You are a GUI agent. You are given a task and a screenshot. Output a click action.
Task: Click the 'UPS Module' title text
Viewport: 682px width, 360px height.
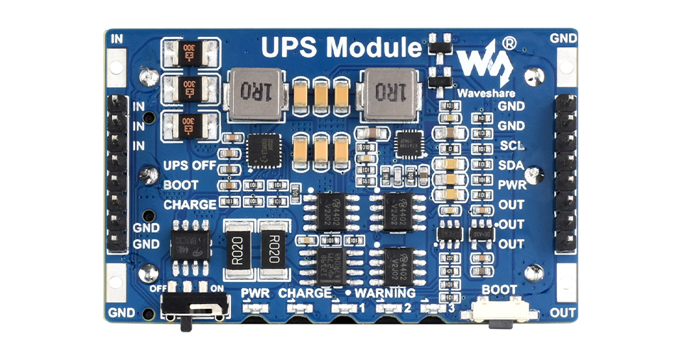(341, 48)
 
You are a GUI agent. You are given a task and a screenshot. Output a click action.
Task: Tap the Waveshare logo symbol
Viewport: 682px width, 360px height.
(485, 68)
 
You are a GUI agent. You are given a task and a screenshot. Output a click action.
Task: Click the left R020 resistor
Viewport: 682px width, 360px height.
(238, 251)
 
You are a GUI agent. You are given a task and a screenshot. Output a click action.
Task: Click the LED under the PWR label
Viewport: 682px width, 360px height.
(254, 308)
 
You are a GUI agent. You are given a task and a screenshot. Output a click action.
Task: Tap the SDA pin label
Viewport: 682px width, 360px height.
(511, 165)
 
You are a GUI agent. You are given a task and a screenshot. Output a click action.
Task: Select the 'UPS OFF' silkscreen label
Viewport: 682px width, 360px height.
(190, 165)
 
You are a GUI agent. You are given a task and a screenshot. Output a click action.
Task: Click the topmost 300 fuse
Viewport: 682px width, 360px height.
(189, 51)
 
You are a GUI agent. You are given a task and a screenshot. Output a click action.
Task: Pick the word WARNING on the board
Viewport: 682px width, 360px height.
(385, 293)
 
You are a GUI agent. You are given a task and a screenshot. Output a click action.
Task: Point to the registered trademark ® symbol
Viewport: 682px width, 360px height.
(509, 43)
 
